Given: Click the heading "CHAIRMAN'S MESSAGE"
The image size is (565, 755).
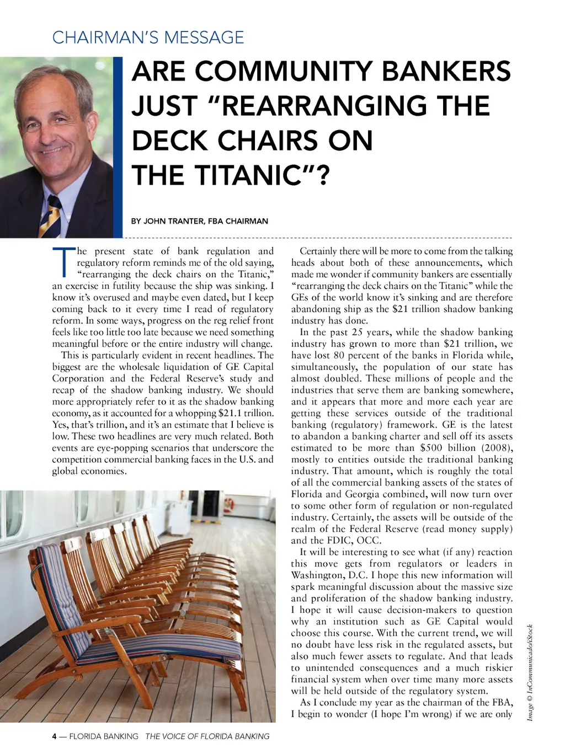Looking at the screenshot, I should pos(148,37).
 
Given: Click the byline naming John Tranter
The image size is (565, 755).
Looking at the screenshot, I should pos(199,221).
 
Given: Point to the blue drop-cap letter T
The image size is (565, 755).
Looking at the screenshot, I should pos(63,262).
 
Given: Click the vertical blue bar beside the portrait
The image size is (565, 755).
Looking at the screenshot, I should pos(118,147).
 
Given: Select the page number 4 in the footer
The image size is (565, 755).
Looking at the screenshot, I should pos(54,736).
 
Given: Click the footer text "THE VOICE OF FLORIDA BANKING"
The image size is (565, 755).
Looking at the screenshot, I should pos(207,736).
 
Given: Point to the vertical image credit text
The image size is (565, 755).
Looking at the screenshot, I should pos(530,672).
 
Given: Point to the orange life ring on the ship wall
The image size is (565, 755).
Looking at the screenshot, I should pos(232,503).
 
